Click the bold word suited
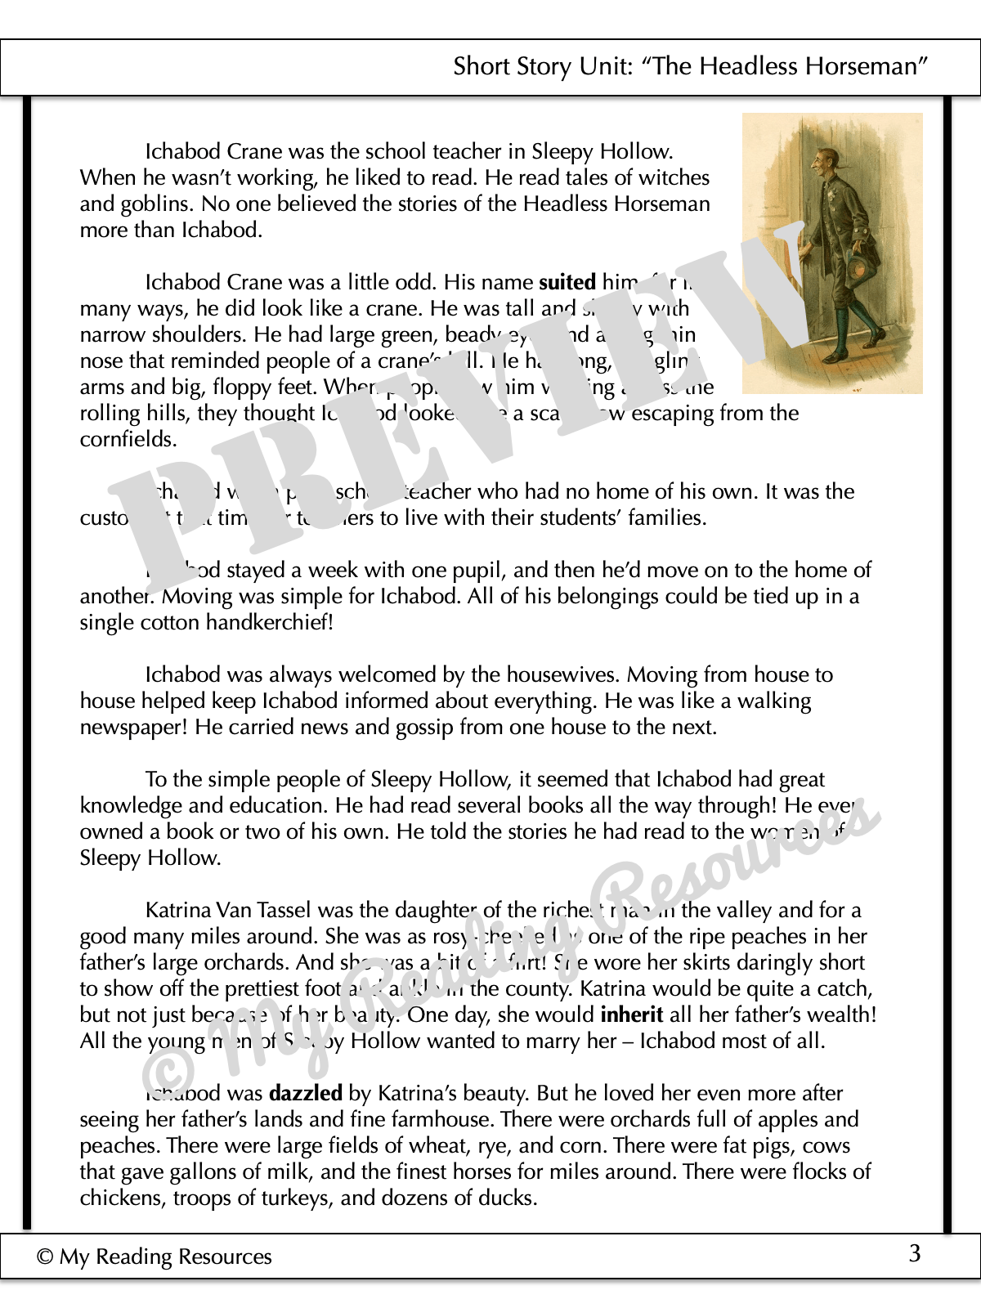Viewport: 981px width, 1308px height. click(567, 283)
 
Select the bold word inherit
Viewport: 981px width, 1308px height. click(631, 1015)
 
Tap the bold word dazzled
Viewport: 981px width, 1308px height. click(306, 1094)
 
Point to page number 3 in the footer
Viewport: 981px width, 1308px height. click(915, 1253)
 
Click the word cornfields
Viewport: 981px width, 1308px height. click(128, 440)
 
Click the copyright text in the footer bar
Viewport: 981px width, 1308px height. click(155, 1256)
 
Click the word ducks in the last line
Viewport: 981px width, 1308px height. click(511, 1198)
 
